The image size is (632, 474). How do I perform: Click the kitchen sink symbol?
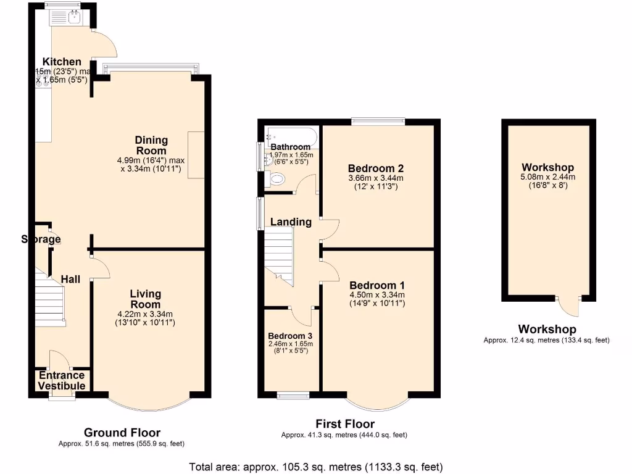point(75,17)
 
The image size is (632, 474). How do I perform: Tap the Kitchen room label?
point(62,62)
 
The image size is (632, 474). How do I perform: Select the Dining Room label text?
point(151,146)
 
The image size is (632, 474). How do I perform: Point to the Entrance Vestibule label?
point(62,380)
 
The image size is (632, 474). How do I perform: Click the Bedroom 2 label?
point(375,168)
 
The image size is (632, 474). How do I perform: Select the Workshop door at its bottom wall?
point(568,306)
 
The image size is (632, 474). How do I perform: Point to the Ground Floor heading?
point(122,433)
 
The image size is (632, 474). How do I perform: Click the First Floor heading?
point(344,424)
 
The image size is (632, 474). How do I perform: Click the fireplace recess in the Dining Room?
point(196,155)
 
